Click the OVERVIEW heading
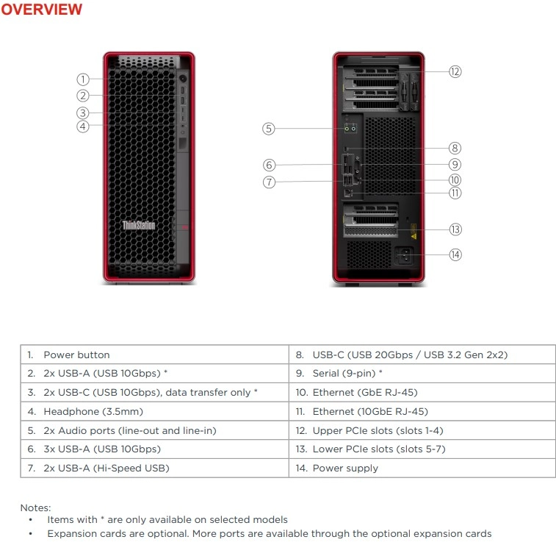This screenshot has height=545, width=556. pyautogui.click(x=41, y=9)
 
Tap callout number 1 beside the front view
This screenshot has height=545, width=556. pyautogui.click(x=83, y=79)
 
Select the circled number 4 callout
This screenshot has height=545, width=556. pyautogui.click(x=83, y=127)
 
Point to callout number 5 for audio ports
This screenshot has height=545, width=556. pyautogui.click(x=269, y=129)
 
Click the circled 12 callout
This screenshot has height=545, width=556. pyautogui.click(x=455, y=72)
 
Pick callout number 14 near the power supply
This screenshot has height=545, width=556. pyautogui.click(x=455, y=254)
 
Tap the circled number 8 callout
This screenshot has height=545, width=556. pyautogui.click(x=455, y=148)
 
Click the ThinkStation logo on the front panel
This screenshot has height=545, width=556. pyautogui.click(x=139, y=225)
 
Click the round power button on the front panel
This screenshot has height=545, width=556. pyautogui.click(x=183, y=79)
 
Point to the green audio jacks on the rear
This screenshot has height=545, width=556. pyautogui.click(x=350, y=129)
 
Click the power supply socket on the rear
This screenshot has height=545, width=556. pyautogui.click(x=405, y=255)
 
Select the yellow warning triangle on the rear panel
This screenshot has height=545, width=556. pyautogui.click(x=414, y=236)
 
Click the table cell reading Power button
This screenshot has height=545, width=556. pyautogui.click(x=76, y=355)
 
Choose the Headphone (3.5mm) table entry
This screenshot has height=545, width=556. pyautogui.click(x=93, y=411)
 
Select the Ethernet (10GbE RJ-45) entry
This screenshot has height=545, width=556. pyautogui.click(x=370, y=411)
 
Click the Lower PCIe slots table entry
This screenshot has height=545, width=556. pyautogui.click(x=379, y=449)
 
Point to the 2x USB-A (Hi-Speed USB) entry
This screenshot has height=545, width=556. pyautogui.click(x=106, y=468)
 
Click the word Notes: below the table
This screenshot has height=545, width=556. pyautogui.click(x=35, y=507)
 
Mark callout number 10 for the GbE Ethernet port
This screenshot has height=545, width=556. pyautogui.click(x=455, y=180)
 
